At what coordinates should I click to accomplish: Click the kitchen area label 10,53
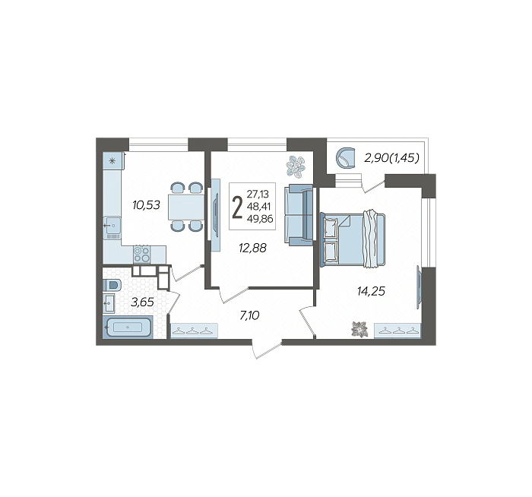point(146,205)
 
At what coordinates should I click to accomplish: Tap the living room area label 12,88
point(253,248)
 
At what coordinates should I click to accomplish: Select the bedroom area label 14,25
point(371,291)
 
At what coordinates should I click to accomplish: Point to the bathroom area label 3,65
point(143,302)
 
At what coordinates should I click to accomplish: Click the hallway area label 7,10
point(249,316)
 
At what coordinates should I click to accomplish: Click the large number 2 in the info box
point(237,207)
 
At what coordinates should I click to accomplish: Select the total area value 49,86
point(260,219)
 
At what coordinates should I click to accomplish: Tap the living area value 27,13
point(258,194)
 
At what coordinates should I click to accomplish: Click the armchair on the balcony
point(345,157)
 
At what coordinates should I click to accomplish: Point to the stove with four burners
point(142,255)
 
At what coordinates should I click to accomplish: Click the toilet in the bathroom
point(111,285)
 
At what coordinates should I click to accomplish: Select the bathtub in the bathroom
point(128,328)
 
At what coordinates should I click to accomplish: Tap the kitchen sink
point(112,225)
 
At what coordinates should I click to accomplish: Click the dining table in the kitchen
point(186,207)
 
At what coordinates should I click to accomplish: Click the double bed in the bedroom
point(353,239)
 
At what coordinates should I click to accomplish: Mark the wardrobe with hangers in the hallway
point(194,331)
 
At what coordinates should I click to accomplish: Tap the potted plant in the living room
point(296,166)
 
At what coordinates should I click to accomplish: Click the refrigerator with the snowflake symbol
point(112,160)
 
